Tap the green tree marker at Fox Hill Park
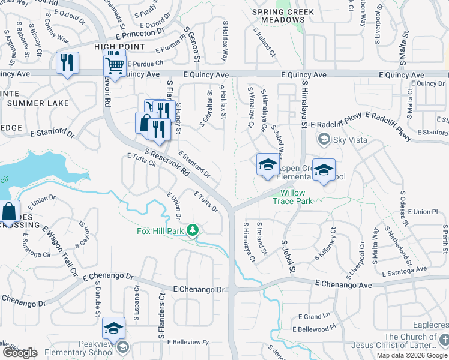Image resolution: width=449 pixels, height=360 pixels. (x=193, y=230)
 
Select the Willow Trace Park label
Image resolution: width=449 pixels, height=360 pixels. (x=296, y=197)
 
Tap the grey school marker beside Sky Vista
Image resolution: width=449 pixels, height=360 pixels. (x=324, y=140)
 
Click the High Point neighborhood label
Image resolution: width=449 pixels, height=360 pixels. (x=119, y=46)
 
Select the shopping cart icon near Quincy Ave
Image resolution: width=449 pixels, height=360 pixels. (x=115, y=63)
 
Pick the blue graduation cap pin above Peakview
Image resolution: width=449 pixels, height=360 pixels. (x=113, y=329)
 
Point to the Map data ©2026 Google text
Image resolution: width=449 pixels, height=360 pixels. (x=412, y=355)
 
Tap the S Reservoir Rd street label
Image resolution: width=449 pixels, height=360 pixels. (x=167, y=162)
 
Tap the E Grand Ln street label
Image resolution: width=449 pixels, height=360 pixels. (x=315, y=316)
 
